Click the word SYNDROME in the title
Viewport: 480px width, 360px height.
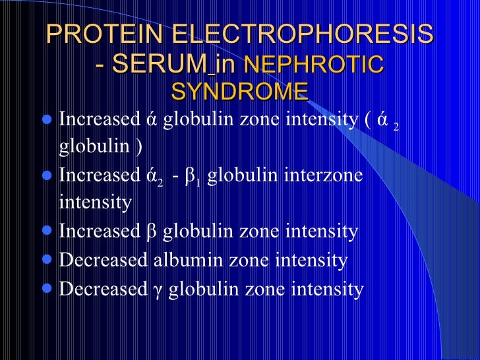[x=239, y=91]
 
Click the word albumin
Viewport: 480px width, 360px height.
[x=187, y=260]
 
